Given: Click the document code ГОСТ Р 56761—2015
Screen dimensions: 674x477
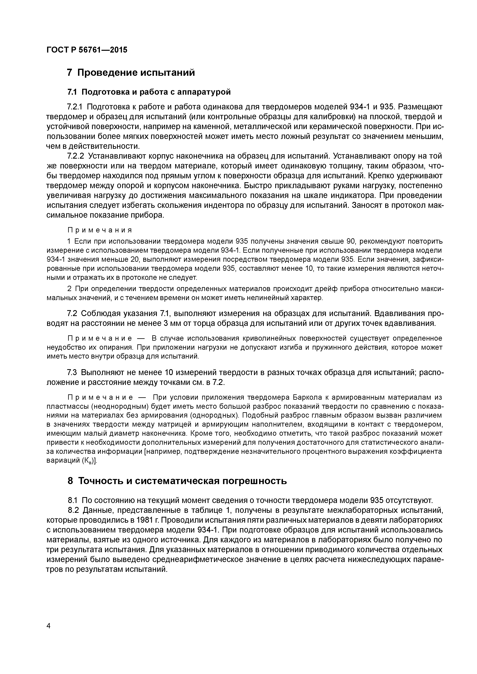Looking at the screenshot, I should [87, 50].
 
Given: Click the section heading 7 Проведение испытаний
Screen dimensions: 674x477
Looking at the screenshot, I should [131, 72].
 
